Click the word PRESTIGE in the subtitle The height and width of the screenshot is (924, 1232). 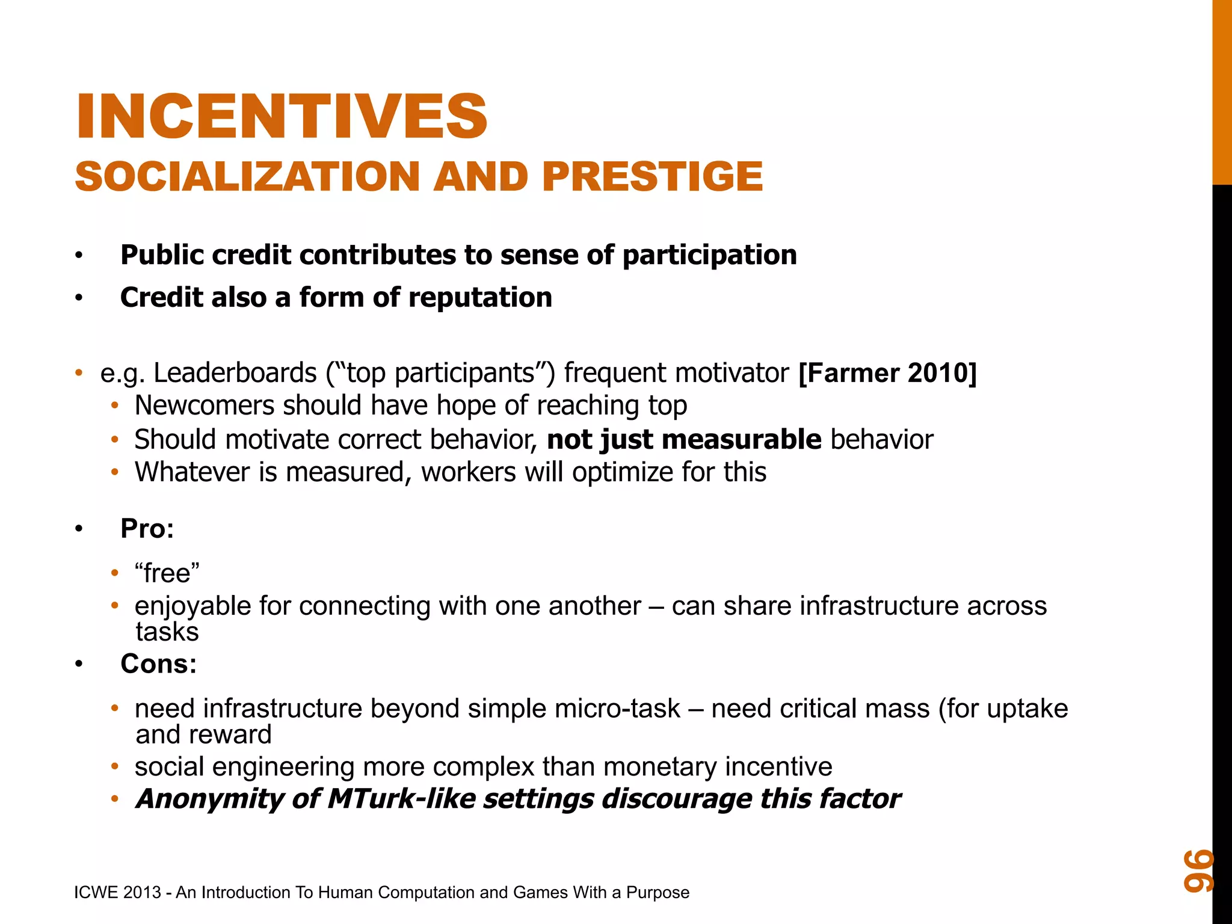652,177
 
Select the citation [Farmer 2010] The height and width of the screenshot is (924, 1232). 887,373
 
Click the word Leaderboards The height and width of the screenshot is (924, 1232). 235,373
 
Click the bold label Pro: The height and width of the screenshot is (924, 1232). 147,529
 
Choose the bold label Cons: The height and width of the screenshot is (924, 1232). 158,664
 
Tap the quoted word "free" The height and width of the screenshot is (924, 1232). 167,573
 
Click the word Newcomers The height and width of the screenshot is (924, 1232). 205,405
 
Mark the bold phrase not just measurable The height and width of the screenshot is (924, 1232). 684,440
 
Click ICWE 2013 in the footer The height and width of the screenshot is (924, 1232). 117,893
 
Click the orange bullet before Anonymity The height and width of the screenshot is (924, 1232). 115,799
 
